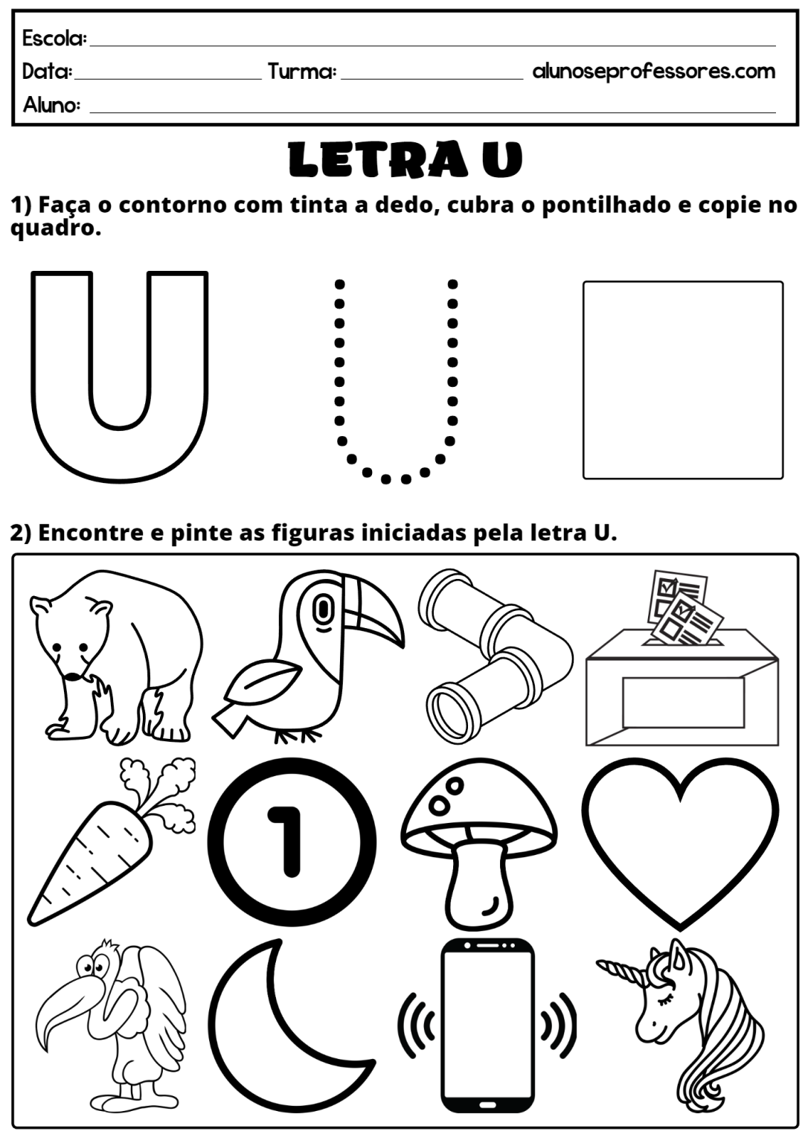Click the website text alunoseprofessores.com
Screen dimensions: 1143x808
pos(653,71)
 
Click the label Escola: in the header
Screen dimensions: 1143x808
pos(54,38)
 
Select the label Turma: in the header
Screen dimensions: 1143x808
pos(301,71)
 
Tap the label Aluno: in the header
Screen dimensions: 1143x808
pos(51,105)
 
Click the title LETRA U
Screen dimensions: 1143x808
pos(405,159)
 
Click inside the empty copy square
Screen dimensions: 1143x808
pos(682,380)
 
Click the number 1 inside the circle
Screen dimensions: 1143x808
pos(291,841)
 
